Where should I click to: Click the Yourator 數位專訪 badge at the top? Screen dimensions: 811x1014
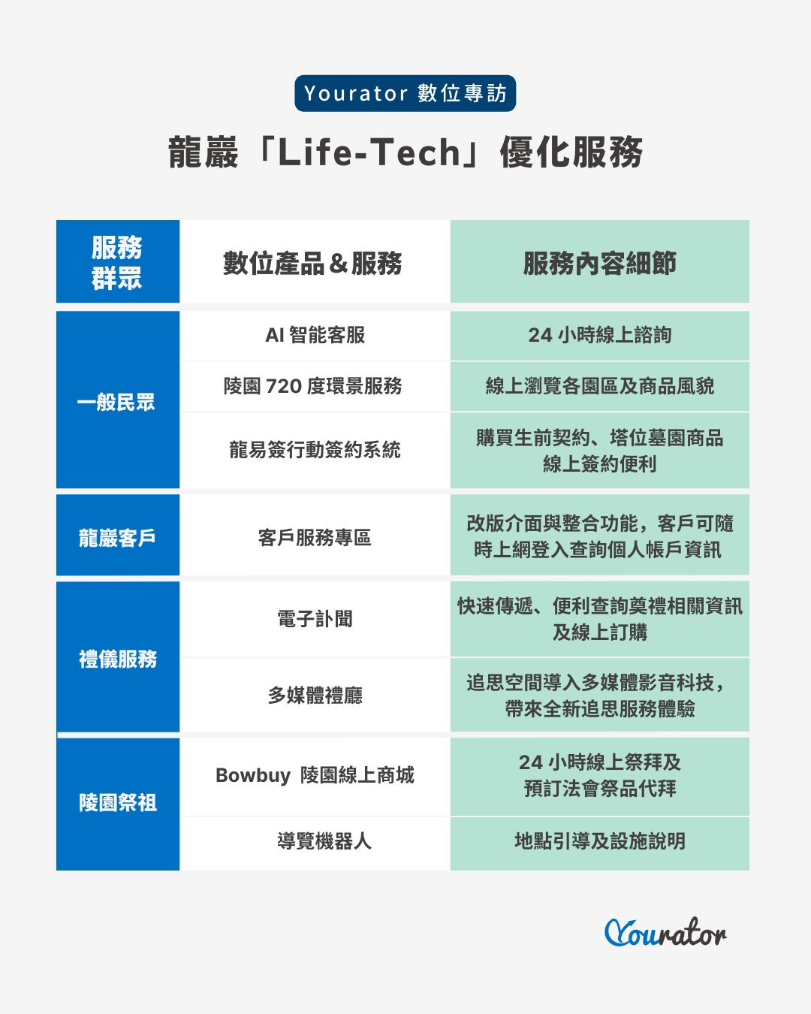(x=405, y=93)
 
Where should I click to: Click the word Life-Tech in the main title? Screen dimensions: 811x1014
(x=369, y=152)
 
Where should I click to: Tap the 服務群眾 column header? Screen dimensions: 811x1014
(x=117, y=262)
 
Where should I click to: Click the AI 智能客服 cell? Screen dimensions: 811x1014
(x=315, y=335)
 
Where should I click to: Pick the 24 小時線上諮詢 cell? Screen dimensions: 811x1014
(x=599, y=335)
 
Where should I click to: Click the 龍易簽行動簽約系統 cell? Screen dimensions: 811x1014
(x=315, y=449)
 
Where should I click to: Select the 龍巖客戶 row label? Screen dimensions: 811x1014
(x=117, y=538)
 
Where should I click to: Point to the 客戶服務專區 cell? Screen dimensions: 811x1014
(x=315, y=538)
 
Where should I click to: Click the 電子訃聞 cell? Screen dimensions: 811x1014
(x=315, y=619)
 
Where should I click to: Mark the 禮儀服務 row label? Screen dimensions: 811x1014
(x=118, y=659)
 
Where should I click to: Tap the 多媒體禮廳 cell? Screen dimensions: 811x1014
(x=315, y=695)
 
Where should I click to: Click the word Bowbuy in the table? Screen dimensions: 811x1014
(x=253, y=776)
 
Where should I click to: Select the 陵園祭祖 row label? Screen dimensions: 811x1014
(x=118, y=802)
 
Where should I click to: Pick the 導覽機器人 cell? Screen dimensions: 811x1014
(x=324, y=840)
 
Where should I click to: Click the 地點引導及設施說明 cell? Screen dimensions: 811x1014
(x=599, y=840)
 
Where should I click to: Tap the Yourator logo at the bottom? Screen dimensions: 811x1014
(x=665, y=932)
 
